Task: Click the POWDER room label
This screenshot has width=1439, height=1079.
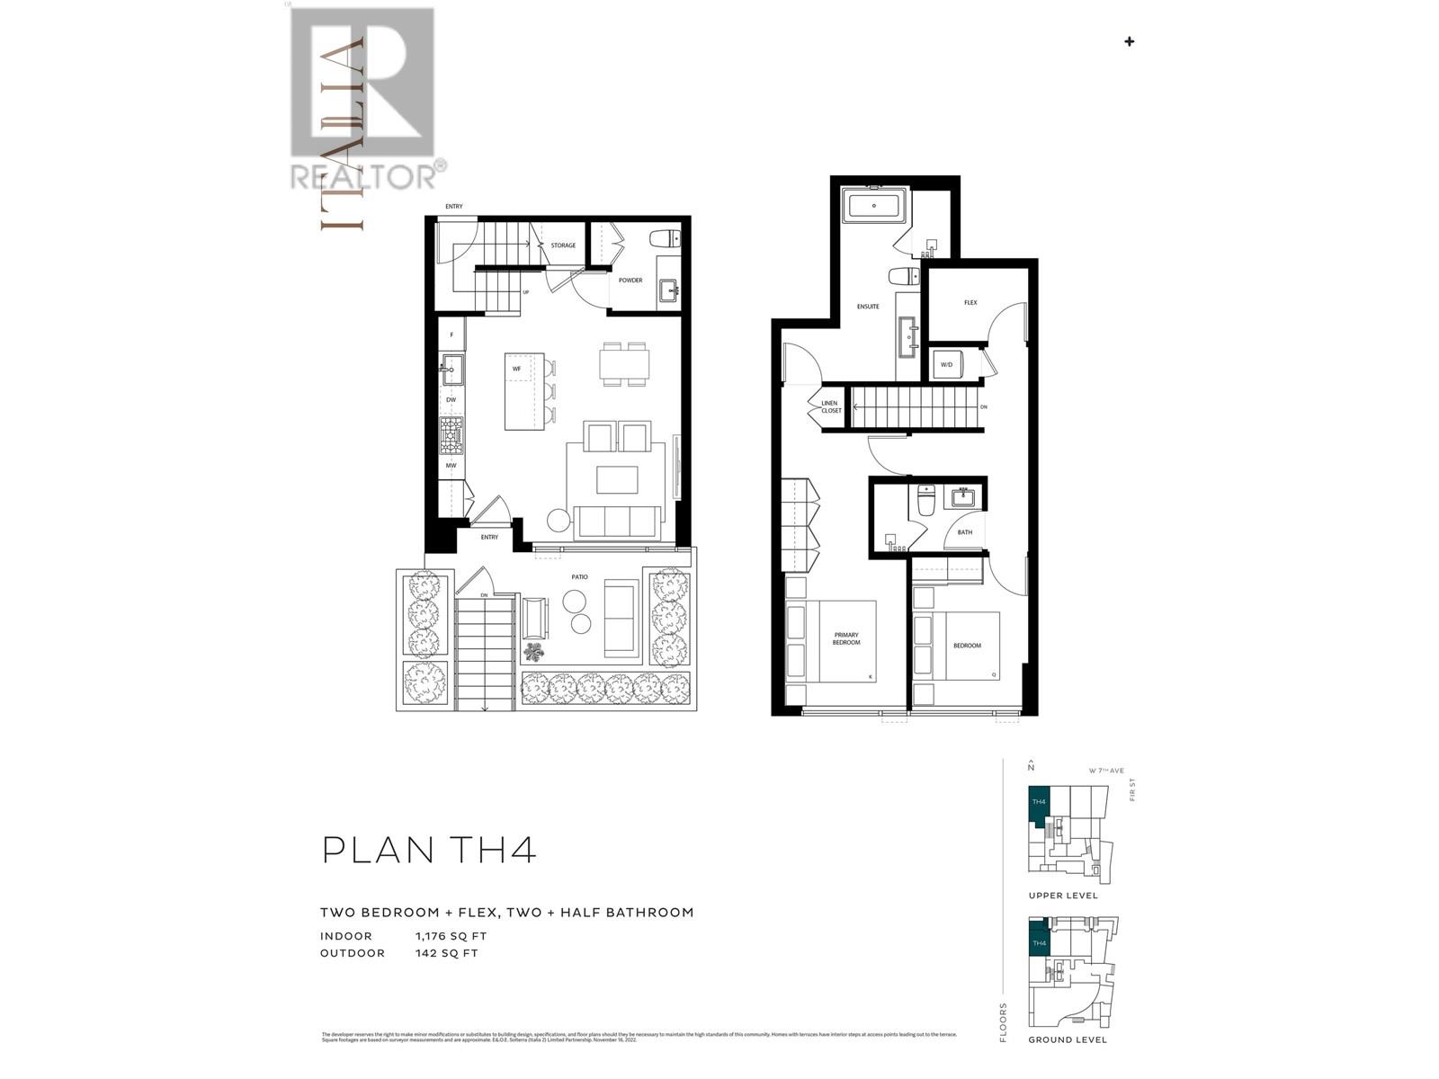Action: click(x=630, y=281)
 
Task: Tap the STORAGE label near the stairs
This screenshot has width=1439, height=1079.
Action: click(x=563, y=245)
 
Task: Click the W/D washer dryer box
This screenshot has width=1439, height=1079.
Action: click(x=947, y=365)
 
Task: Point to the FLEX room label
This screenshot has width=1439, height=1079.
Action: click(x=970, y=303)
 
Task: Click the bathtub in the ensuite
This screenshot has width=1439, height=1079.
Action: click(x=875, y=207)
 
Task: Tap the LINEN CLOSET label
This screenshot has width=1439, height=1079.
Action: click(x=830, y=407)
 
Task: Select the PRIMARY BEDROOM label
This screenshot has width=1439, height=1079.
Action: click(x=845, y=638)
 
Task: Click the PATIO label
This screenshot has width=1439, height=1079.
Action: click(x=579, y=577)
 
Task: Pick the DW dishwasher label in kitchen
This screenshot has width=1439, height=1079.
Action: click(x=451, y=399)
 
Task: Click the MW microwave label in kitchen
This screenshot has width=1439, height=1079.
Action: click(x=451, y=466)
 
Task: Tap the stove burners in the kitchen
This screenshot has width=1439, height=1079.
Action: click(x=451, y=435)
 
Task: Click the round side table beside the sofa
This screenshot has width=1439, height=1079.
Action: click(x=559, y=521)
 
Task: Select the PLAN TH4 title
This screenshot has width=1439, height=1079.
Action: click(x=429, y=850)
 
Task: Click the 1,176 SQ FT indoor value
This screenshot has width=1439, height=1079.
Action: click(x=451, y=936)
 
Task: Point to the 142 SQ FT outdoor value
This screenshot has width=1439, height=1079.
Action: click(x=446, y=953)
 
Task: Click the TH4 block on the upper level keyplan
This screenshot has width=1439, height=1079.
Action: click(x=1039, y=802)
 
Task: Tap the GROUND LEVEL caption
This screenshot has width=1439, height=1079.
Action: click(x=1068, y=1039)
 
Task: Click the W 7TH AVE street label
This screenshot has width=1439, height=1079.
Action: click(x=1105, y=771)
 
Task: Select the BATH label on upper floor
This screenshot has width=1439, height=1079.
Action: click(x=964, y=532)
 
